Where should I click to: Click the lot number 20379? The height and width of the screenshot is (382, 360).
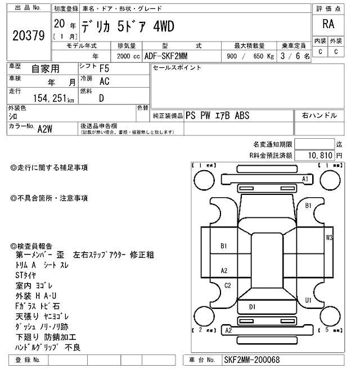click(28, 35)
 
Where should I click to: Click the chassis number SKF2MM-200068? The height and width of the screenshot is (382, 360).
click(251, 360)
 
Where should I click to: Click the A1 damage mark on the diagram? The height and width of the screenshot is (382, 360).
click(306, 179)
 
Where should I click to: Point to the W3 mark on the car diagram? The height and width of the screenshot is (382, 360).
click(329, 238)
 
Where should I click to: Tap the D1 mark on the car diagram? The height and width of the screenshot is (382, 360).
click(253, 307)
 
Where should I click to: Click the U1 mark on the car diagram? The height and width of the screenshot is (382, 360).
click(308, 301)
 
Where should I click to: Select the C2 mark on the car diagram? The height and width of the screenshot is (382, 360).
click(228, 286)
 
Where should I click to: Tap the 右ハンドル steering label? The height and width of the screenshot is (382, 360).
click(319, 116)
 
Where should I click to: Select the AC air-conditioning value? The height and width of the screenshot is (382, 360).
click(104, 81)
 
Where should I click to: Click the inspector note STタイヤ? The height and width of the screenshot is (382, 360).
click(26, 275)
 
